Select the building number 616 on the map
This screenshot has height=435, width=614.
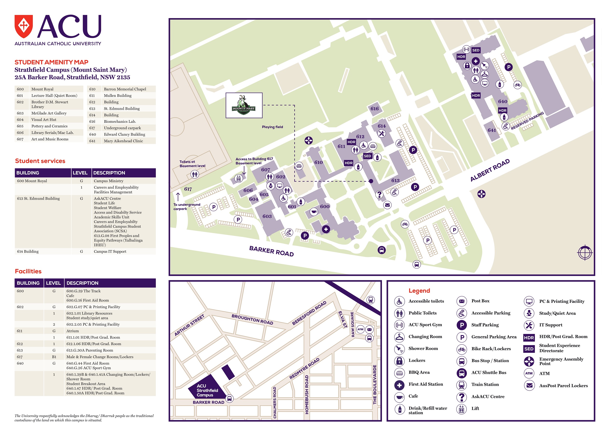tap(374, 109)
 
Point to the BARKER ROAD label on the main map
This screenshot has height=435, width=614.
tap(271, 251)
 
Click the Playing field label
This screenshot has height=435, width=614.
tap(272, 127)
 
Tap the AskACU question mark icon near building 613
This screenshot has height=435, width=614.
tap(379, 195)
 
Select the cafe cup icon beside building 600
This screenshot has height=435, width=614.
tap(314, 212)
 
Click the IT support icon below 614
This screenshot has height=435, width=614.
tap(382, 133)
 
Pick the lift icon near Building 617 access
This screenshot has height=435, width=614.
tap(238, 178)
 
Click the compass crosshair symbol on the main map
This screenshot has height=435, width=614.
tap(585, 252)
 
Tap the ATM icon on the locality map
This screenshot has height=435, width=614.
tap(360, 329)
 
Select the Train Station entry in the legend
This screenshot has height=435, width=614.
tap(485, 385)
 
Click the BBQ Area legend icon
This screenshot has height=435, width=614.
tap(400, 373)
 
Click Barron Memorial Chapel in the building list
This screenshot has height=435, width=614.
tap(125, 89)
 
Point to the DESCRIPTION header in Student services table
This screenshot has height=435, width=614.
tap(109, 173)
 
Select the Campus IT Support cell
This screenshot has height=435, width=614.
tap(110, 252)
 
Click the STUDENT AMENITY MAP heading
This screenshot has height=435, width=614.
tap(51, 62)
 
